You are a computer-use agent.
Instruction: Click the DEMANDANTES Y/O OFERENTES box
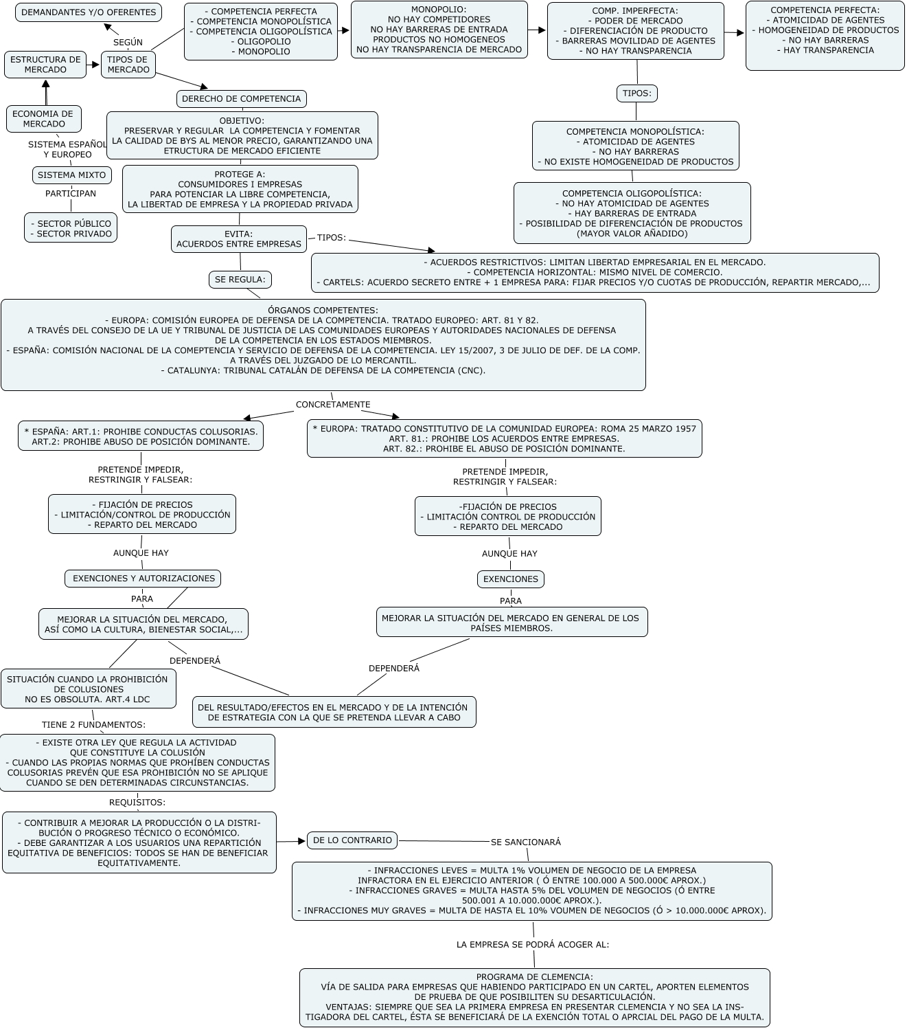click(89, 12)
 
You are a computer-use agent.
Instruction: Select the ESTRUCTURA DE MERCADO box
click(45, 65)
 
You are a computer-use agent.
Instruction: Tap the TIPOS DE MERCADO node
click(128, 65)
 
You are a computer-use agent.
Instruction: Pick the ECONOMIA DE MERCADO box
click(44, 119)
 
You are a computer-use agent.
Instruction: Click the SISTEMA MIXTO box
click(71, 175)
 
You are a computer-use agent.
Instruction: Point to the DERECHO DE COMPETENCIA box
click(241, 98)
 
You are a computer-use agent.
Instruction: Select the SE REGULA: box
click(240, 279)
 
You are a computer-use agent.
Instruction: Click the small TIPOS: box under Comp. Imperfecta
click(636, 93)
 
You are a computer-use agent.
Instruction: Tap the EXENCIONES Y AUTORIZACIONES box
click(143, 579)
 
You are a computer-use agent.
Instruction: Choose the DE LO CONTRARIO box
click(352, 840)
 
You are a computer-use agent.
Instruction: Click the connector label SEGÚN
click(128, 42)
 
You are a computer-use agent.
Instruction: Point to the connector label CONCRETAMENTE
click(332, 405)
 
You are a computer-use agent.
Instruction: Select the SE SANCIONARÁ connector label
click(526, 842)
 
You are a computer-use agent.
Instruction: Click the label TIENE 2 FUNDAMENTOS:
click(93, 724)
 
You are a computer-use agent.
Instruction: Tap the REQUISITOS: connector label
click(137, 802)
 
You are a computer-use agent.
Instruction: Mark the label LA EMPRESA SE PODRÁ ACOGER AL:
click(532, 945)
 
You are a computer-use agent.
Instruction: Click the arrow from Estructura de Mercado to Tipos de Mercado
click(93, 65)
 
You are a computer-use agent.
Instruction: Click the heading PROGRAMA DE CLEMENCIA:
click(534, 976)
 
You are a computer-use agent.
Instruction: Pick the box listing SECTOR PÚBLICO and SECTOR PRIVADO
click(71, 228)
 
